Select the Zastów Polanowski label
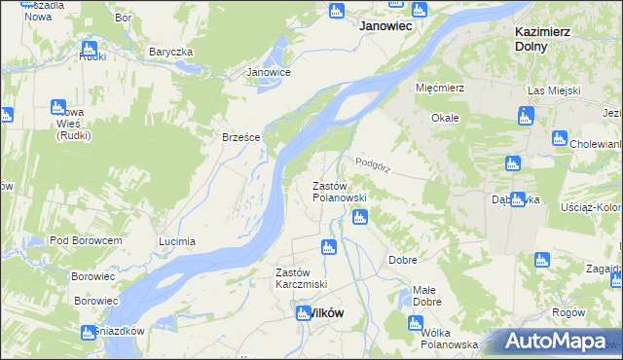point(339,192)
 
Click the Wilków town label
point(317,313)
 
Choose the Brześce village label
point(241,137)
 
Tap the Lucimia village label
point(177,241)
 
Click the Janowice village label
point(269,72)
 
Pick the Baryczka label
point(171,52)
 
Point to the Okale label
point(445,118)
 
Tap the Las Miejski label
point(554,90)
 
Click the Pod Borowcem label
point(86,240)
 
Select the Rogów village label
point(568,312)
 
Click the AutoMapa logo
point(555,342)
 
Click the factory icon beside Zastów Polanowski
point(360,218)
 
